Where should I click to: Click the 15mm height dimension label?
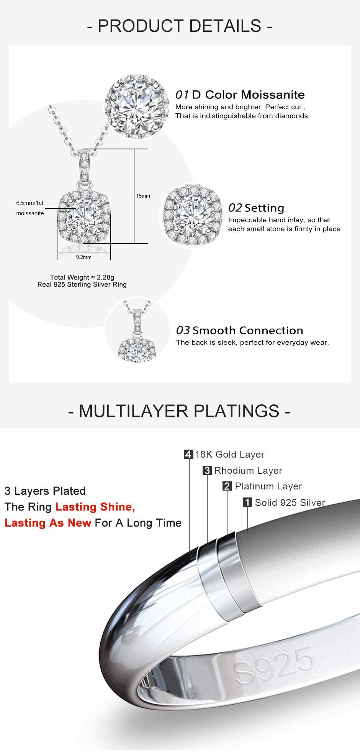(x=143, y=196)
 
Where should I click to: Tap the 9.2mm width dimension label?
(x=83, y=257)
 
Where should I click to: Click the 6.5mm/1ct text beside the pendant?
(x=30, y=203)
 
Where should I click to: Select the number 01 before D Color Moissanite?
(x=182, y=95)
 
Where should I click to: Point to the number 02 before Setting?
(x=235, y=208)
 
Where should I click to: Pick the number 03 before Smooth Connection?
(x=183, y=330)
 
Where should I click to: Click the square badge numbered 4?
(x=188, y=455)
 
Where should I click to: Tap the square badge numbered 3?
(x=207, y=470)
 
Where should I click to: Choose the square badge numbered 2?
(x=227, y=486)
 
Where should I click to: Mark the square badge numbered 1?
(x=247, y=502)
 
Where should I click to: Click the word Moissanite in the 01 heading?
(x=273, y=95)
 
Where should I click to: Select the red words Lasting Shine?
(x=95, y=507)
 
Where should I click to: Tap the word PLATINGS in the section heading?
(x=236, y=411)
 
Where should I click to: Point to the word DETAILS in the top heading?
(x=225, y=26)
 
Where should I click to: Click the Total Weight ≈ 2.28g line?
(x=82, y=277)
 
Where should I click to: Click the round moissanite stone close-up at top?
(x=137, y=106)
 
